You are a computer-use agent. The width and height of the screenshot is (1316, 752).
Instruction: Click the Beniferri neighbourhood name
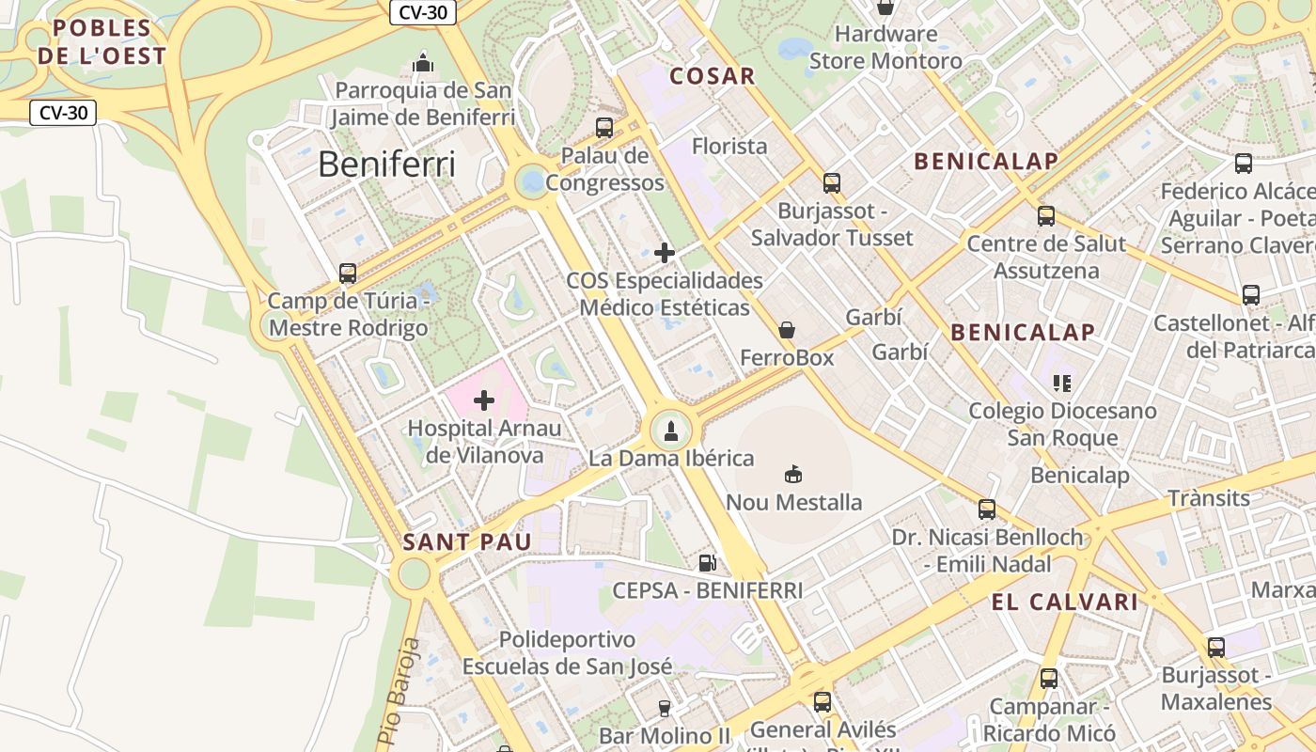click(386, 164)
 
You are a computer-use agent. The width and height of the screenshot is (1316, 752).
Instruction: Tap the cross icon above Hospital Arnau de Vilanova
click(484, 401)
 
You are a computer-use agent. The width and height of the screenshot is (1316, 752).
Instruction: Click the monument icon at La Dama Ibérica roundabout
click(671, 431)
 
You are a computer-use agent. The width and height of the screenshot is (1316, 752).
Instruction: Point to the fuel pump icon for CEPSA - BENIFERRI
click(707, 563)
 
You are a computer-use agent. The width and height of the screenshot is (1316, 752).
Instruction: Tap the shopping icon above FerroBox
click(787, 330)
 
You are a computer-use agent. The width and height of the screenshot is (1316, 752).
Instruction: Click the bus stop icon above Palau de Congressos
click(604, 127)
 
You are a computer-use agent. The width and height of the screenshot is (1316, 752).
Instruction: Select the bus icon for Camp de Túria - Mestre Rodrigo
click(348, 274)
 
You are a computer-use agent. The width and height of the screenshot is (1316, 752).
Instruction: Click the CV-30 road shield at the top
click(423, 12)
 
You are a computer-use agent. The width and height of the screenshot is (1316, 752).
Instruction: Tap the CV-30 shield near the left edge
click(64, 113)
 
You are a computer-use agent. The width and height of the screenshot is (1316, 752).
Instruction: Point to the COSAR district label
click(712, 76)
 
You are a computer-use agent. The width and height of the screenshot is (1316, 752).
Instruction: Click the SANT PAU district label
click(467, 541)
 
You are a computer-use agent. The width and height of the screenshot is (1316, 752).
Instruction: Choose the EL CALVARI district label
click(1065, 602)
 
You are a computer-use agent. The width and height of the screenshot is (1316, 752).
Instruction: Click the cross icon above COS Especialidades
click(665, 253)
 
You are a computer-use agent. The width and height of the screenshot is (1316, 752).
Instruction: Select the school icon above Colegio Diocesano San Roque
click(1062, 383)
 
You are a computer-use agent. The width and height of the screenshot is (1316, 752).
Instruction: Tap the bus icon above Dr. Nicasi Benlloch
click(987, 509)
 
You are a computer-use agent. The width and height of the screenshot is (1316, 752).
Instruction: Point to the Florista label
click(729, 146)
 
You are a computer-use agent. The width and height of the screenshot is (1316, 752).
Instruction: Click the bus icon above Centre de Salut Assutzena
click(1046, 216)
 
